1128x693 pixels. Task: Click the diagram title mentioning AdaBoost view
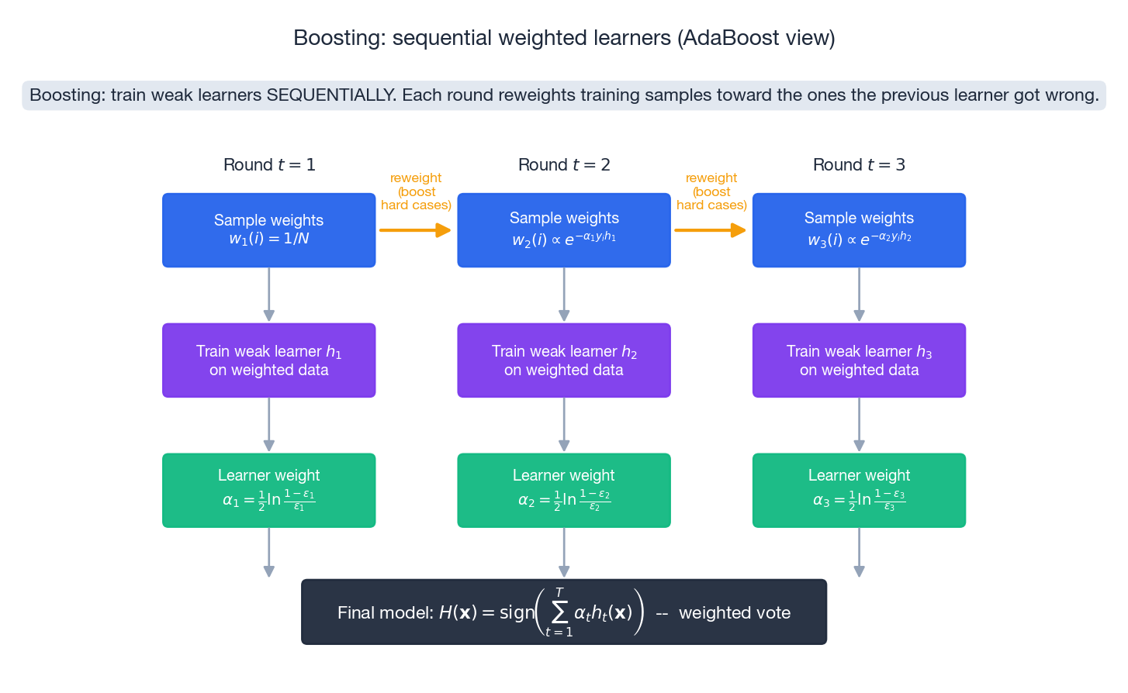click(x=564, y=38)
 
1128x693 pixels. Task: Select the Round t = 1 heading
click(x=269, y=165)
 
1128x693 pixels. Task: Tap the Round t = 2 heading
click(x=564, y=165)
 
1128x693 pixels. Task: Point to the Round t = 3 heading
click(x=859, y=165)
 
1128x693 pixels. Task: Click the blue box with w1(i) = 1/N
click(x=269, y=230)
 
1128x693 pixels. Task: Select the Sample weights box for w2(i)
click(x=564, y=230)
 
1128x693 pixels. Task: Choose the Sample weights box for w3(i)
click(x=859, y=230)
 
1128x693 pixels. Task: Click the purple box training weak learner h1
click(x=269, y=360)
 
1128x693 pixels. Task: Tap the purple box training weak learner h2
click(x=564, y=360)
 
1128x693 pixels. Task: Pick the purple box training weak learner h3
click(x=859, y=360)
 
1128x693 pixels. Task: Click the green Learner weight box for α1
click(x=269, y=491)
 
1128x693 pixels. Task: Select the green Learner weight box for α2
click(x=564, y=491)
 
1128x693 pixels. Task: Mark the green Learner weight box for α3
click(x=859, y=491)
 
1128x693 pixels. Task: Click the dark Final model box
click(x=564, y=612)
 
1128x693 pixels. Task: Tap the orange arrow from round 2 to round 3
click(x=710, y=230)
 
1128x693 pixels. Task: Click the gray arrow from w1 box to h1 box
click(x=269, y=295)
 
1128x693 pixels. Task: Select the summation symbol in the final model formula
click(x=559, y=612)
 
